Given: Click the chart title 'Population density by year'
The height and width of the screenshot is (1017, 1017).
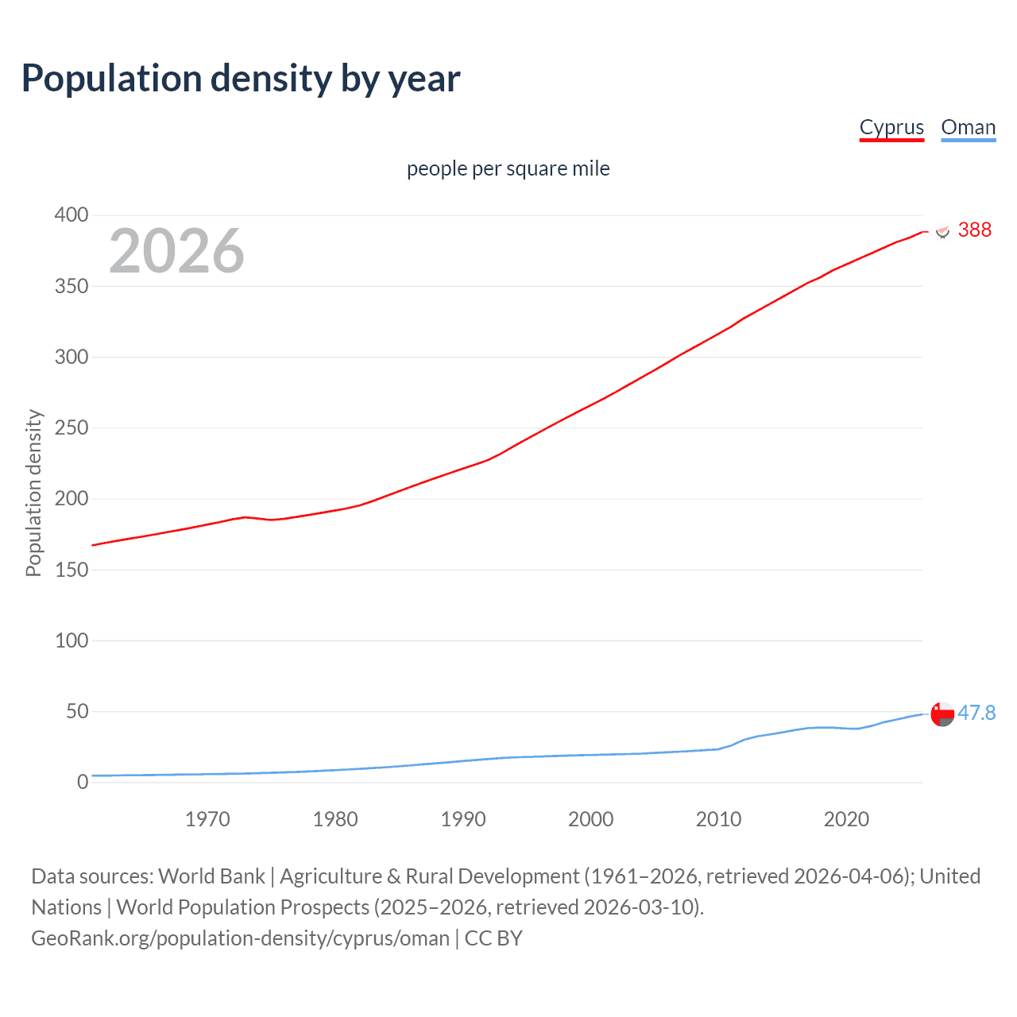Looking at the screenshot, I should point(241,79).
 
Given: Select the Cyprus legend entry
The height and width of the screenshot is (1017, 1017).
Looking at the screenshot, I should point(891,127).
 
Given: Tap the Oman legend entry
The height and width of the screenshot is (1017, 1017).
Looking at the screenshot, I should point(968,127).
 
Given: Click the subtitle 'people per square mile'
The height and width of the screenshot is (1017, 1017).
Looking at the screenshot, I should point(508,168).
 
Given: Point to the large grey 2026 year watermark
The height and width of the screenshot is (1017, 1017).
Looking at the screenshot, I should point(176,251).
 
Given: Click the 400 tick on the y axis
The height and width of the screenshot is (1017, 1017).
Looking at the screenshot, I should point(71,215).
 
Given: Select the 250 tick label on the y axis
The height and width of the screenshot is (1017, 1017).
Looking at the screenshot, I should point(71,428).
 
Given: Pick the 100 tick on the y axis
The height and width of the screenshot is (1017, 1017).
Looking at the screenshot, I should point(71,640).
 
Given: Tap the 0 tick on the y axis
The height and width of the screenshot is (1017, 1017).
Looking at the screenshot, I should point(82,782).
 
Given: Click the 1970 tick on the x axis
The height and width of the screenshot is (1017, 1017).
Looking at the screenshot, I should point(207,819).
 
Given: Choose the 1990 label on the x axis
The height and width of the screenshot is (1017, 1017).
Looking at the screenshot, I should point(463,819).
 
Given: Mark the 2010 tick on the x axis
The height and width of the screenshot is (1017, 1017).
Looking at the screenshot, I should point(718,819).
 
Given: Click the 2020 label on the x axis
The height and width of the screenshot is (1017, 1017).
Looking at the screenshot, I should point(846,819).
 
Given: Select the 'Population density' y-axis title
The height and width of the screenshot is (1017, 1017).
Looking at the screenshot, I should point(33,493).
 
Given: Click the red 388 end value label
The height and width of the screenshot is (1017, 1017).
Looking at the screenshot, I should point(974,230).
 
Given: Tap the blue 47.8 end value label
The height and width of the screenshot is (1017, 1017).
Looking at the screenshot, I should point(976,713).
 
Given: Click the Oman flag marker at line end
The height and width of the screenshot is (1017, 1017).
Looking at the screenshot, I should point(942,714).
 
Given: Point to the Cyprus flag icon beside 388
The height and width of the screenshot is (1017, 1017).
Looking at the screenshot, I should point(942,231).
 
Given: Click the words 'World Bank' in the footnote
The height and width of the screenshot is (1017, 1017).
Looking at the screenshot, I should point(211,876).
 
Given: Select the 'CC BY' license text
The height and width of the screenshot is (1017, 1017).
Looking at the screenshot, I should point(493,938).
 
